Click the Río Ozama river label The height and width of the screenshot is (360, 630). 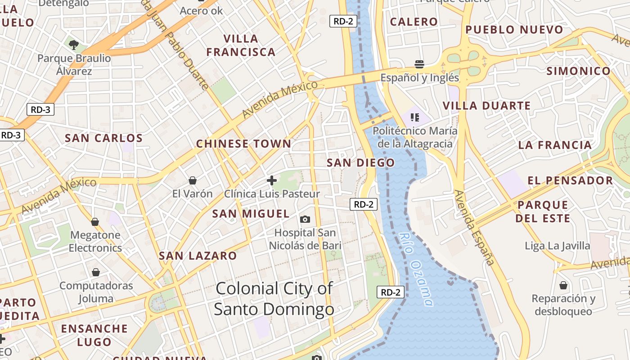point(416,269)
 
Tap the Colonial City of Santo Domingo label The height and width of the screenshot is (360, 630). point(274,299)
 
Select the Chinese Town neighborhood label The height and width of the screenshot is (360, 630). point(243,144)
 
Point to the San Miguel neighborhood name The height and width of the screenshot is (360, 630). point(251,214)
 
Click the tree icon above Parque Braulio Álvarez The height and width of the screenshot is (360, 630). point(74,45)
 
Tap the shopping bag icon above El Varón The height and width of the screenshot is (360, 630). point(193,180)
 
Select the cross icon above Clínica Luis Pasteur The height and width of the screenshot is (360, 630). point(271,180)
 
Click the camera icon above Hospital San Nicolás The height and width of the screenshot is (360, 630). point(305,219)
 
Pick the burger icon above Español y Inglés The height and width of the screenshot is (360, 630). point(419,64)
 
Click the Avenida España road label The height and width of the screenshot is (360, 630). point(474,227)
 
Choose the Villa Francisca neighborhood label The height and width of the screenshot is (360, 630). point(241,45)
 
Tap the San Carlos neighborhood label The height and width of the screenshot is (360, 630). point(103,138)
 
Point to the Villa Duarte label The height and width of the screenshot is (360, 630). point(486,106)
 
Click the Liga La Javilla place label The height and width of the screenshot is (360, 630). point(557,246)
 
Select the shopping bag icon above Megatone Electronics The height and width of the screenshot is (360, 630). point(95,221)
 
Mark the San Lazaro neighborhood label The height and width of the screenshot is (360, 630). point(198,256)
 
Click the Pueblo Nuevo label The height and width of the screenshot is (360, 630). point(514,30)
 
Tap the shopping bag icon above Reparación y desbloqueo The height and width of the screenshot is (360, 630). point(563,285)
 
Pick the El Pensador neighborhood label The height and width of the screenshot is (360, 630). point(570,181)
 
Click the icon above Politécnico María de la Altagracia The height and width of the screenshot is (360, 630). point(414,117)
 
